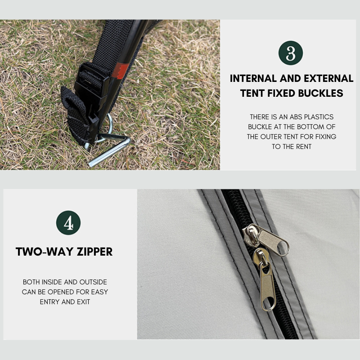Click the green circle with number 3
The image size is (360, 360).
pos(291,53)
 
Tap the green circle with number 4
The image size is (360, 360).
pos(68,223)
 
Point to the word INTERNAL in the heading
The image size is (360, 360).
pos(253,78)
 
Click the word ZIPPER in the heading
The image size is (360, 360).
pos(94,252)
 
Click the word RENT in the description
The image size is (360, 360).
pos(303,147)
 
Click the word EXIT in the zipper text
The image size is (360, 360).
pos(83,301)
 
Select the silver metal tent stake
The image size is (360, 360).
pos(109,149)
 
